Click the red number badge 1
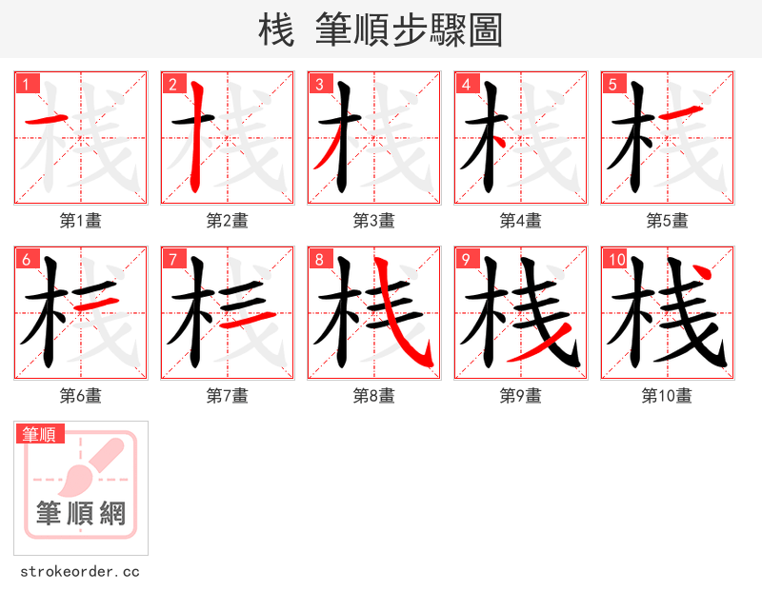(x=27, y=85)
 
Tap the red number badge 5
(x=613, y=85)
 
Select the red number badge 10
(x=616, y=260)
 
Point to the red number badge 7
(x=173, y=260)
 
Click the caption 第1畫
(x=80, y=221)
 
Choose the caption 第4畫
(x=520, y=221)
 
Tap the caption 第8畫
(x=373, y=396)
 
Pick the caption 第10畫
(x=667, y=396)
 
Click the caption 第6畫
(x=80, y=396)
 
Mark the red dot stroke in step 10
(x=702, y=275)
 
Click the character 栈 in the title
(x=275, y=30)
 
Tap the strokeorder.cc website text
(x=80, y=572)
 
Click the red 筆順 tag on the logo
(x=41, y=434)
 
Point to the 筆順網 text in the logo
(x=80, y=514)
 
